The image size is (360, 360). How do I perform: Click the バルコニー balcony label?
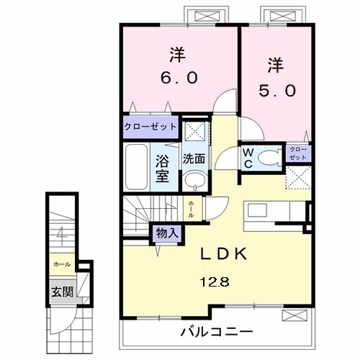pyautogui.click(x=216, y=332)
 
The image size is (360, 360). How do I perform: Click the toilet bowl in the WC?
pyautogui.click(x=269, y=158)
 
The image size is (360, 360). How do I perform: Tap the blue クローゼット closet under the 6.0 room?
pyautogui.click(x=150, y=127)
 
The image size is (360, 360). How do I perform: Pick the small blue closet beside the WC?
pyautogui.click(x=298, y=153)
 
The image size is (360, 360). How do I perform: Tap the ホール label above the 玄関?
pyautogui.click(x=60, y=264)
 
